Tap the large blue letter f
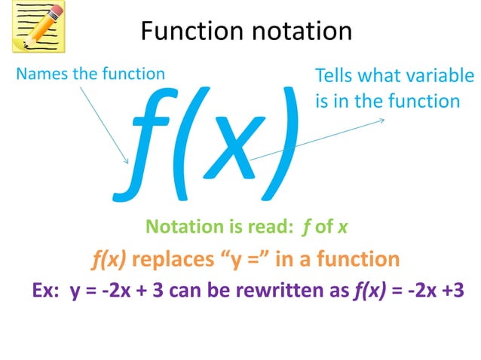pos(142,143)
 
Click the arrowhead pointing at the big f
pos(127,160)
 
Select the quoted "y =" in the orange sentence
pos(244,260)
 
